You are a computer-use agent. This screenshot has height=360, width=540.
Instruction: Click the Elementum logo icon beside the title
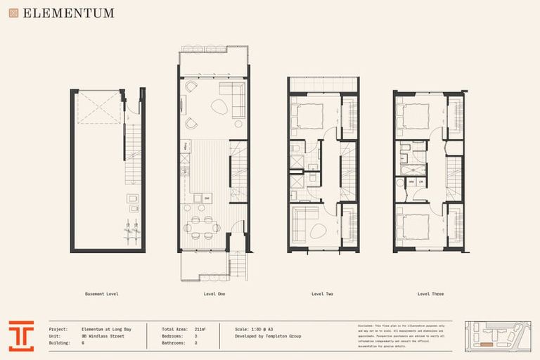13,13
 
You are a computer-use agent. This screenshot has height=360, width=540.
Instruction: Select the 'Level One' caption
214,294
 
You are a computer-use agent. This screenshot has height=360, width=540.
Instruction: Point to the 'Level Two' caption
322,294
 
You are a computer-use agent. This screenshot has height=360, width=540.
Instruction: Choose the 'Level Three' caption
430,294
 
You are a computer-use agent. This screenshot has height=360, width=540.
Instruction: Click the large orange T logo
21,336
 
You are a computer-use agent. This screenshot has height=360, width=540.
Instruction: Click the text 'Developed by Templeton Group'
267,336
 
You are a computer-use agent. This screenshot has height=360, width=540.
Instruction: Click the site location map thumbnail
496,336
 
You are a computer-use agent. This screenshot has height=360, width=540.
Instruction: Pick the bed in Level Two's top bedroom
308,116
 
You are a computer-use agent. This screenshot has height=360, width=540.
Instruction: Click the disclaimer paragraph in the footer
401,336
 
